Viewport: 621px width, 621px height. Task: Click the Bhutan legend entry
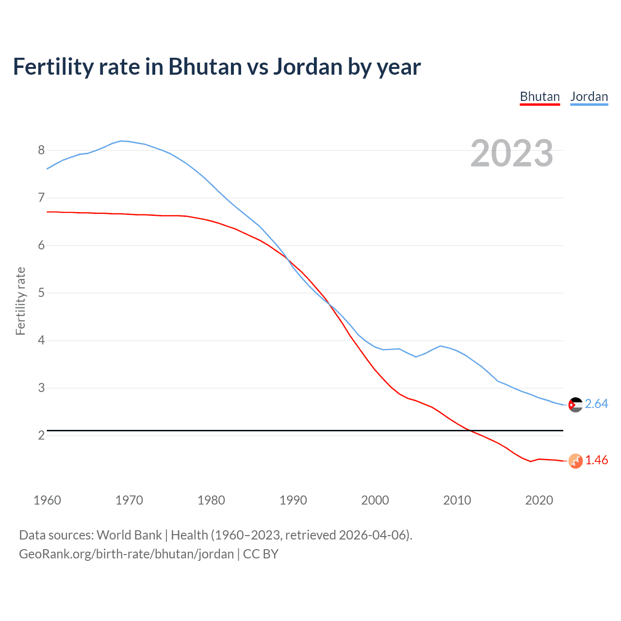pyautogui.click(x=539, y=97)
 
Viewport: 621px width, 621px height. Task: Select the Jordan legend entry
pyautogui.click(x=589, y=97)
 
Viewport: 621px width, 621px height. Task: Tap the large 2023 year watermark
pyautogui.click(x=512, y=153)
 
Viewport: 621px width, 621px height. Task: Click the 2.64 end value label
pyautogui.click(x=596, y=404)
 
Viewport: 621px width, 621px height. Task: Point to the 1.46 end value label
pyautogui.click(x=596, y=460)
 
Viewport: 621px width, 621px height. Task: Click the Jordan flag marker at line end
pyautogui.click(x=575, y=405)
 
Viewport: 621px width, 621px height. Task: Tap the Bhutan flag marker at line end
pyautogui.click(x=575, y=461)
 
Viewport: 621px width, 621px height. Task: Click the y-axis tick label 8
pyautogui.click(x=41, y=150)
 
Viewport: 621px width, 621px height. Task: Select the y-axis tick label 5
pyautogui.click(x=41, y=293)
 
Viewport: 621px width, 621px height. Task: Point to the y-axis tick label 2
pyautogui.click(x=41, y=435)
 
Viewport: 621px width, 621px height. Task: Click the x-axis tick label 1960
pyautogui.click(x=47, y=500)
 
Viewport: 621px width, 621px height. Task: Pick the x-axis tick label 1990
pyautogui.click(x=293, y=500)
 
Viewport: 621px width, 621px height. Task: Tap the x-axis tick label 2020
pyautogui.click(x=539, y=500)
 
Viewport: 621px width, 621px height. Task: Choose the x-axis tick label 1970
pyautogui.click(x=129, y=500)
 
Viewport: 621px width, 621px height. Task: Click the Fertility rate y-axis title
pyautogui.click(x=20, y=301)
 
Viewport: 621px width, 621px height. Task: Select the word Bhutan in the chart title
pyautogui.click(x=205, y=67)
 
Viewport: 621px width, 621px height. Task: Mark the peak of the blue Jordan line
pyautogui.click(x=121, y=141)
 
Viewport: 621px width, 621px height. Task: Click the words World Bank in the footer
pyautogui.click(x=129, y=535)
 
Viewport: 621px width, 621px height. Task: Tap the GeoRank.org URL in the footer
pyautogui.click(x=126, y=554)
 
